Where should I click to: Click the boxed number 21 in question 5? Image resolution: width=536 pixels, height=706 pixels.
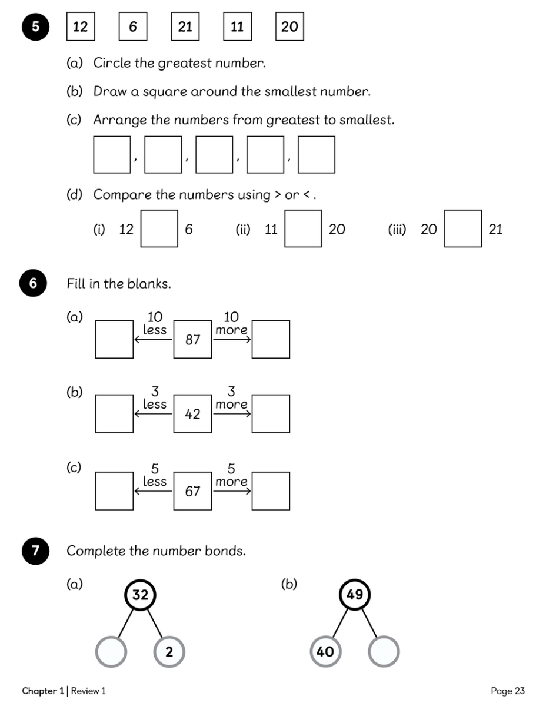[185, 26]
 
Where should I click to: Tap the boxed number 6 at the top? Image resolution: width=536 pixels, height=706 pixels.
[132, 26]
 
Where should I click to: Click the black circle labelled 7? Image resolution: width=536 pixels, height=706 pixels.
[36, 551]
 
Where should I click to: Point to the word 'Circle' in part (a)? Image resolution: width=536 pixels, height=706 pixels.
[112, 63]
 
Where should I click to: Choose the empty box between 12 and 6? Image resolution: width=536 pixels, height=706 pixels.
[159, 228]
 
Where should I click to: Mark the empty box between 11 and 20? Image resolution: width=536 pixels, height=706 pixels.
[303, 228]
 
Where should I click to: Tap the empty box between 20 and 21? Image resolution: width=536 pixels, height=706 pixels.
[462, 228]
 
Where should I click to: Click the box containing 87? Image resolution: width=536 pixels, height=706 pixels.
[192, 340]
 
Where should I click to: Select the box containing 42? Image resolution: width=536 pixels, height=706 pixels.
[192, 414]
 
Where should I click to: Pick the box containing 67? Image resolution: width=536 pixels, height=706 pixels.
[192, 491]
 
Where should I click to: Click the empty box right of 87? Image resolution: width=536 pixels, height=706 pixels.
[271, 340]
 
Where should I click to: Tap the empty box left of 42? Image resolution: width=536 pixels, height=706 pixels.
[114, 414]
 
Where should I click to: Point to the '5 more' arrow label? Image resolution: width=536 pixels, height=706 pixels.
[231, 476]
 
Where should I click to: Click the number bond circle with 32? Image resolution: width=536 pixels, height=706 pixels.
[140, 595]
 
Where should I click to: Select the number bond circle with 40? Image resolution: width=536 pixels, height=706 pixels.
[325, 652]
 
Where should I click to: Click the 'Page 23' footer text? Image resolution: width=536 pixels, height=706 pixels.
[507, 691]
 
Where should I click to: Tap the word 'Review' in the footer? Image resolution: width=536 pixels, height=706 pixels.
[85, 691]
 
